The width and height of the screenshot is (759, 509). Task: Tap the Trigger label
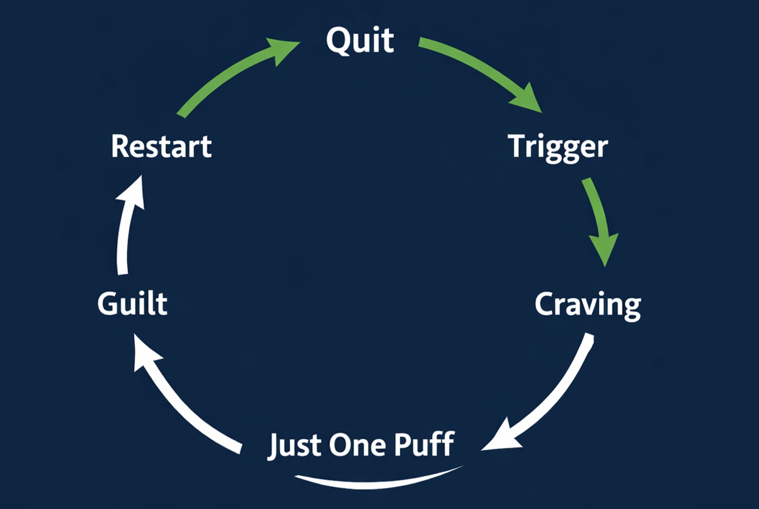(557, 147)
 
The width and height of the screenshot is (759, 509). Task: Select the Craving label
(588, 305)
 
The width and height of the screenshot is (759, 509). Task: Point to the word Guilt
(132, 303)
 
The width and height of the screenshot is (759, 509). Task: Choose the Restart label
(161, 146)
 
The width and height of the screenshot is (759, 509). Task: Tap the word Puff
(424, 444)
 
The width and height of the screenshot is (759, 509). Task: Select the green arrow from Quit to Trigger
(477, 68)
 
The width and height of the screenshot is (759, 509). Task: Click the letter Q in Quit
(338, 41)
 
